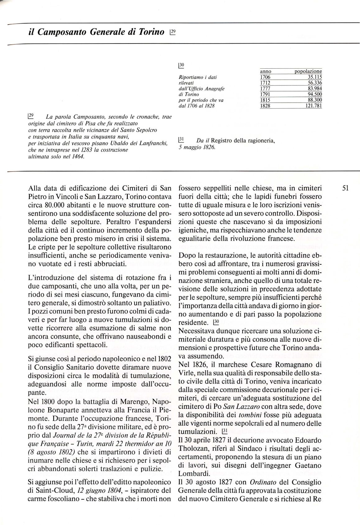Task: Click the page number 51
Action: pyautogui.click(x=346, y=188)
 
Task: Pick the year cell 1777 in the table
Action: pyautogui.click(x=265, y=89)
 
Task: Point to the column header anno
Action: pyautogui.click(x=265, y=72)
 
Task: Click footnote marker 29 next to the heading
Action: pyautogui.click(x=173, y=31)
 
